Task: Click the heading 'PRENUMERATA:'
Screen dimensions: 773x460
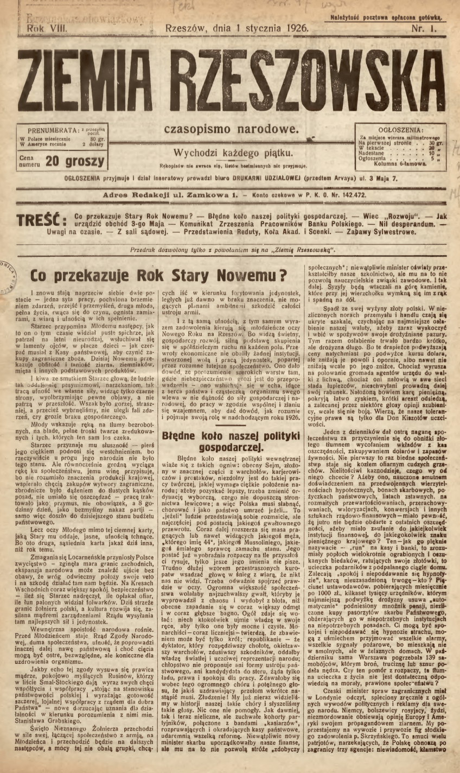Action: coord(51,131)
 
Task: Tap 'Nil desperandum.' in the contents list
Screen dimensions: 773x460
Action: coord(402,224)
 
